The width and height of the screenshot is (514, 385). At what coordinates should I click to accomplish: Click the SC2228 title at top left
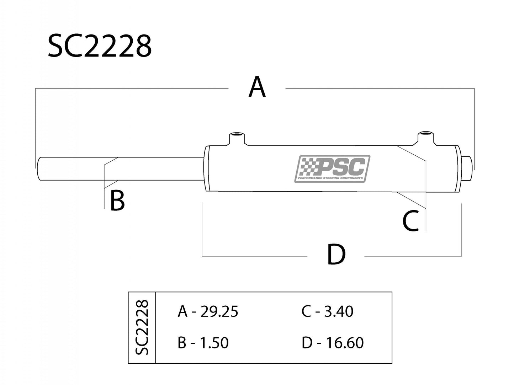point(100,47)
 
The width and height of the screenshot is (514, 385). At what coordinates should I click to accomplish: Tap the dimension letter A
point(257,87)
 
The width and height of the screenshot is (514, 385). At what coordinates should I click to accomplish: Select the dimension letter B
point(117,200)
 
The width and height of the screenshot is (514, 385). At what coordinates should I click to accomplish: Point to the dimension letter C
point(411,221)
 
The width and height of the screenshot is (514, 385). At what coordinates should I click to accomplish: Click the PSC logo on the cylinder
point(332,169)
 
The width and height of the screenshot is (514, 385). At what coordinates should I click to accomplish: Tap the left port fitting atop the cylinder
point(235,139)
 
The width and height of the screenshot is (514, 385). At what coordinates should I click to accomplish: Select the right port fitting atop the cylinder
point(425,138)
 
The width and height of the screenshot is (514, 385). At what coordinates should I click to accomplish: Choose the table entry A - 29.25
point(208,311)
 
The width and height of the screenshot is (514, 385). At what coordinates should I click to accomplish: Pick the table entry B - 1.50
point(203,343)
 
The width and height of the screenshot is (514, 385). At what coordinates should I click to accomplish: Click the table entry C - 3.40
point(327,311)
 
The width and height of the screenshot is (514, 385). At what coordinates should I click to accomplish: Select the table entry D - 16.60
point(333,343)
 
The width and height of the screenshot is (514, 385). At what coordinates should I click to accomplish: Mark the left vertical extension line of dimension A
point(35,124)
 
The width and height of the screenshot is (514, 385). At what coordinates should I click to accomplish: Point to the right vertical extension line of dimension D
point(461,229)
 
